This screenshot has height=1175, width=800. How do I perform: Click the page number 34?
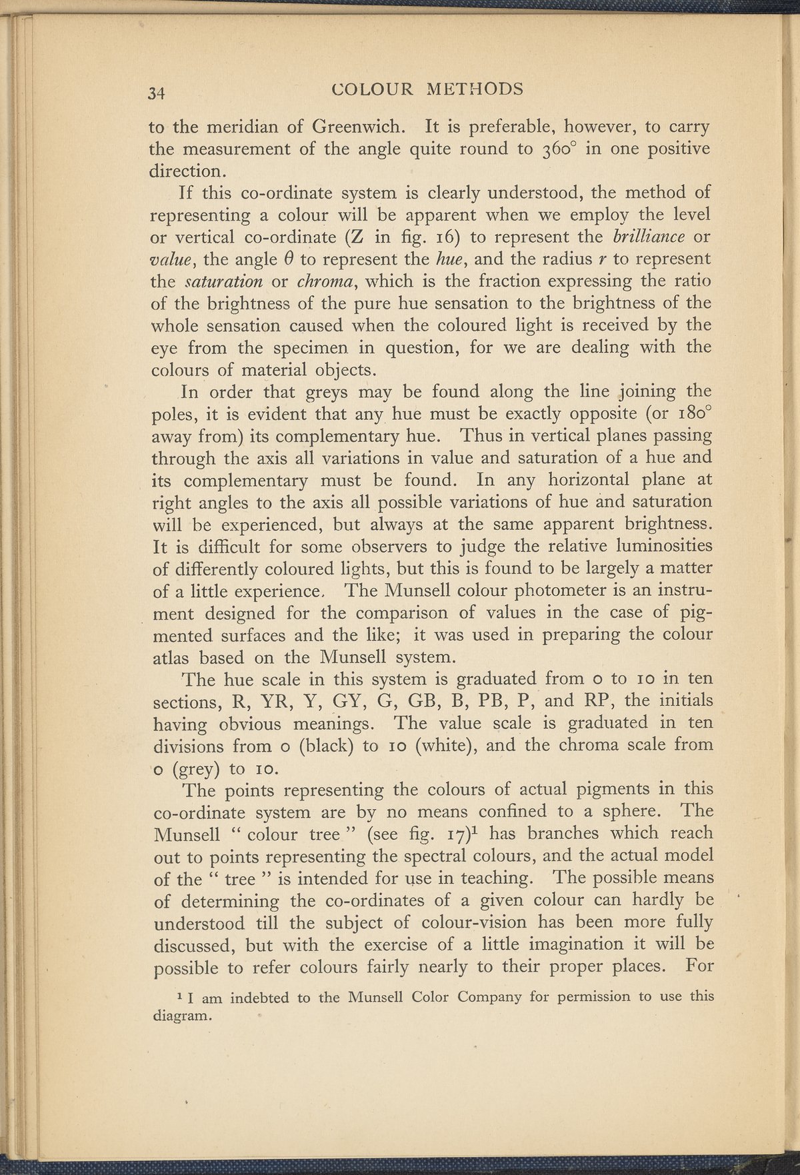click(x=161, y=93)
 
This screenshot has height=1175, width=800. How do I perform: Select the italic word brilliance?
click(x=641, y=237)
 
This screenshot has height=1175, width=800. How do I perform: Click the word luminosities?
click(x=654, y=547)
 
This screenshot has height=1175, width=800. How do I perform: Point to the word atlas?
click(x=173, y=657)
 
